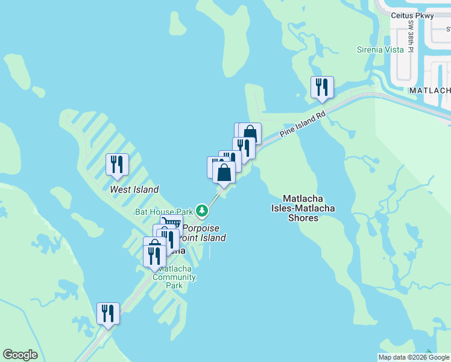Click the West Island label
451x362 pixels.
134,189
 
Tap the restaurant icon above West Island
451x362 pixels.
116,165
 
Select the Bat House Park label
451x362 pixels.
163,212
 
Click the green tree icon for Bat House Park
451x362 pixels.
202,211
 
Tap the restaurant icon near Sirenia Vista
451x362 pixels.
321,87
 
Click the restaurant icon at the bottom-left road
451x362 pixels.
108,313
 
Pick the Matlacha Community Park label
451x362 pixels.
174,277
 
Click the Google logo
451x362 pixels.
20,355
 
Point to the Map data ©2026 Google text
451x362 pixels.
414,357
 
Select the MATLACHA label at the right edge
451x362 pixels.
430,90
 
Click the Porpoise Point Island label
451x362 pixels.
204,233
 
